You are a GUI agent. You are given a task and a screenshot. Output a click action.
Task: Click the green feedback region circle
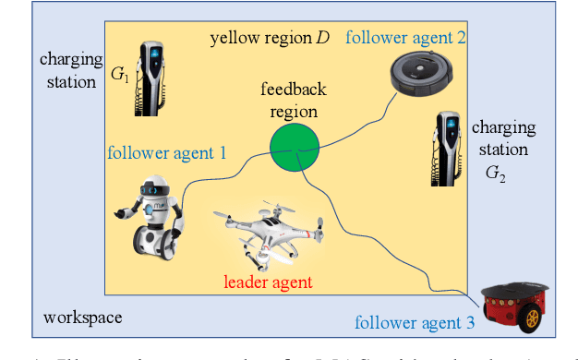pyautogui.click(x=295, y=146)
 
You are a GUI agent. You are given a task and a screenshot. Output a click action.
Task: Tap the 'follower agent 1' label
pyautogui.click(x=167, y=151)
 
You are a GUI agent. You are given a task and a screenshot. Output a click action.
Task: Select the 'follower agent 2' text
pyautogui.click(x=405, y=38)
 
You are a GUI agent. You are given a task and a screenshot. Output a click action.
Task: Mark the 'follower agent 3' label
pyautogui.click(x=415, y=323)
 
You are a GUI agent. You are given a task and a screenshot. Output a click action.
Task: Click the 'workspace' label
pyautogui.click(x=83, y=318)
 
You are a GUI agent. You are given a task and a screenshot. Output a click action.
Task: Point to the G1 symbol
pyautogui.click(x=120, y=77)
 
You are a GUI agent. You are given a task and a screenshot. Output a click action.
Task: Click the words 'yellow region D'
pyautogui.click(x=270, y=39)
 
